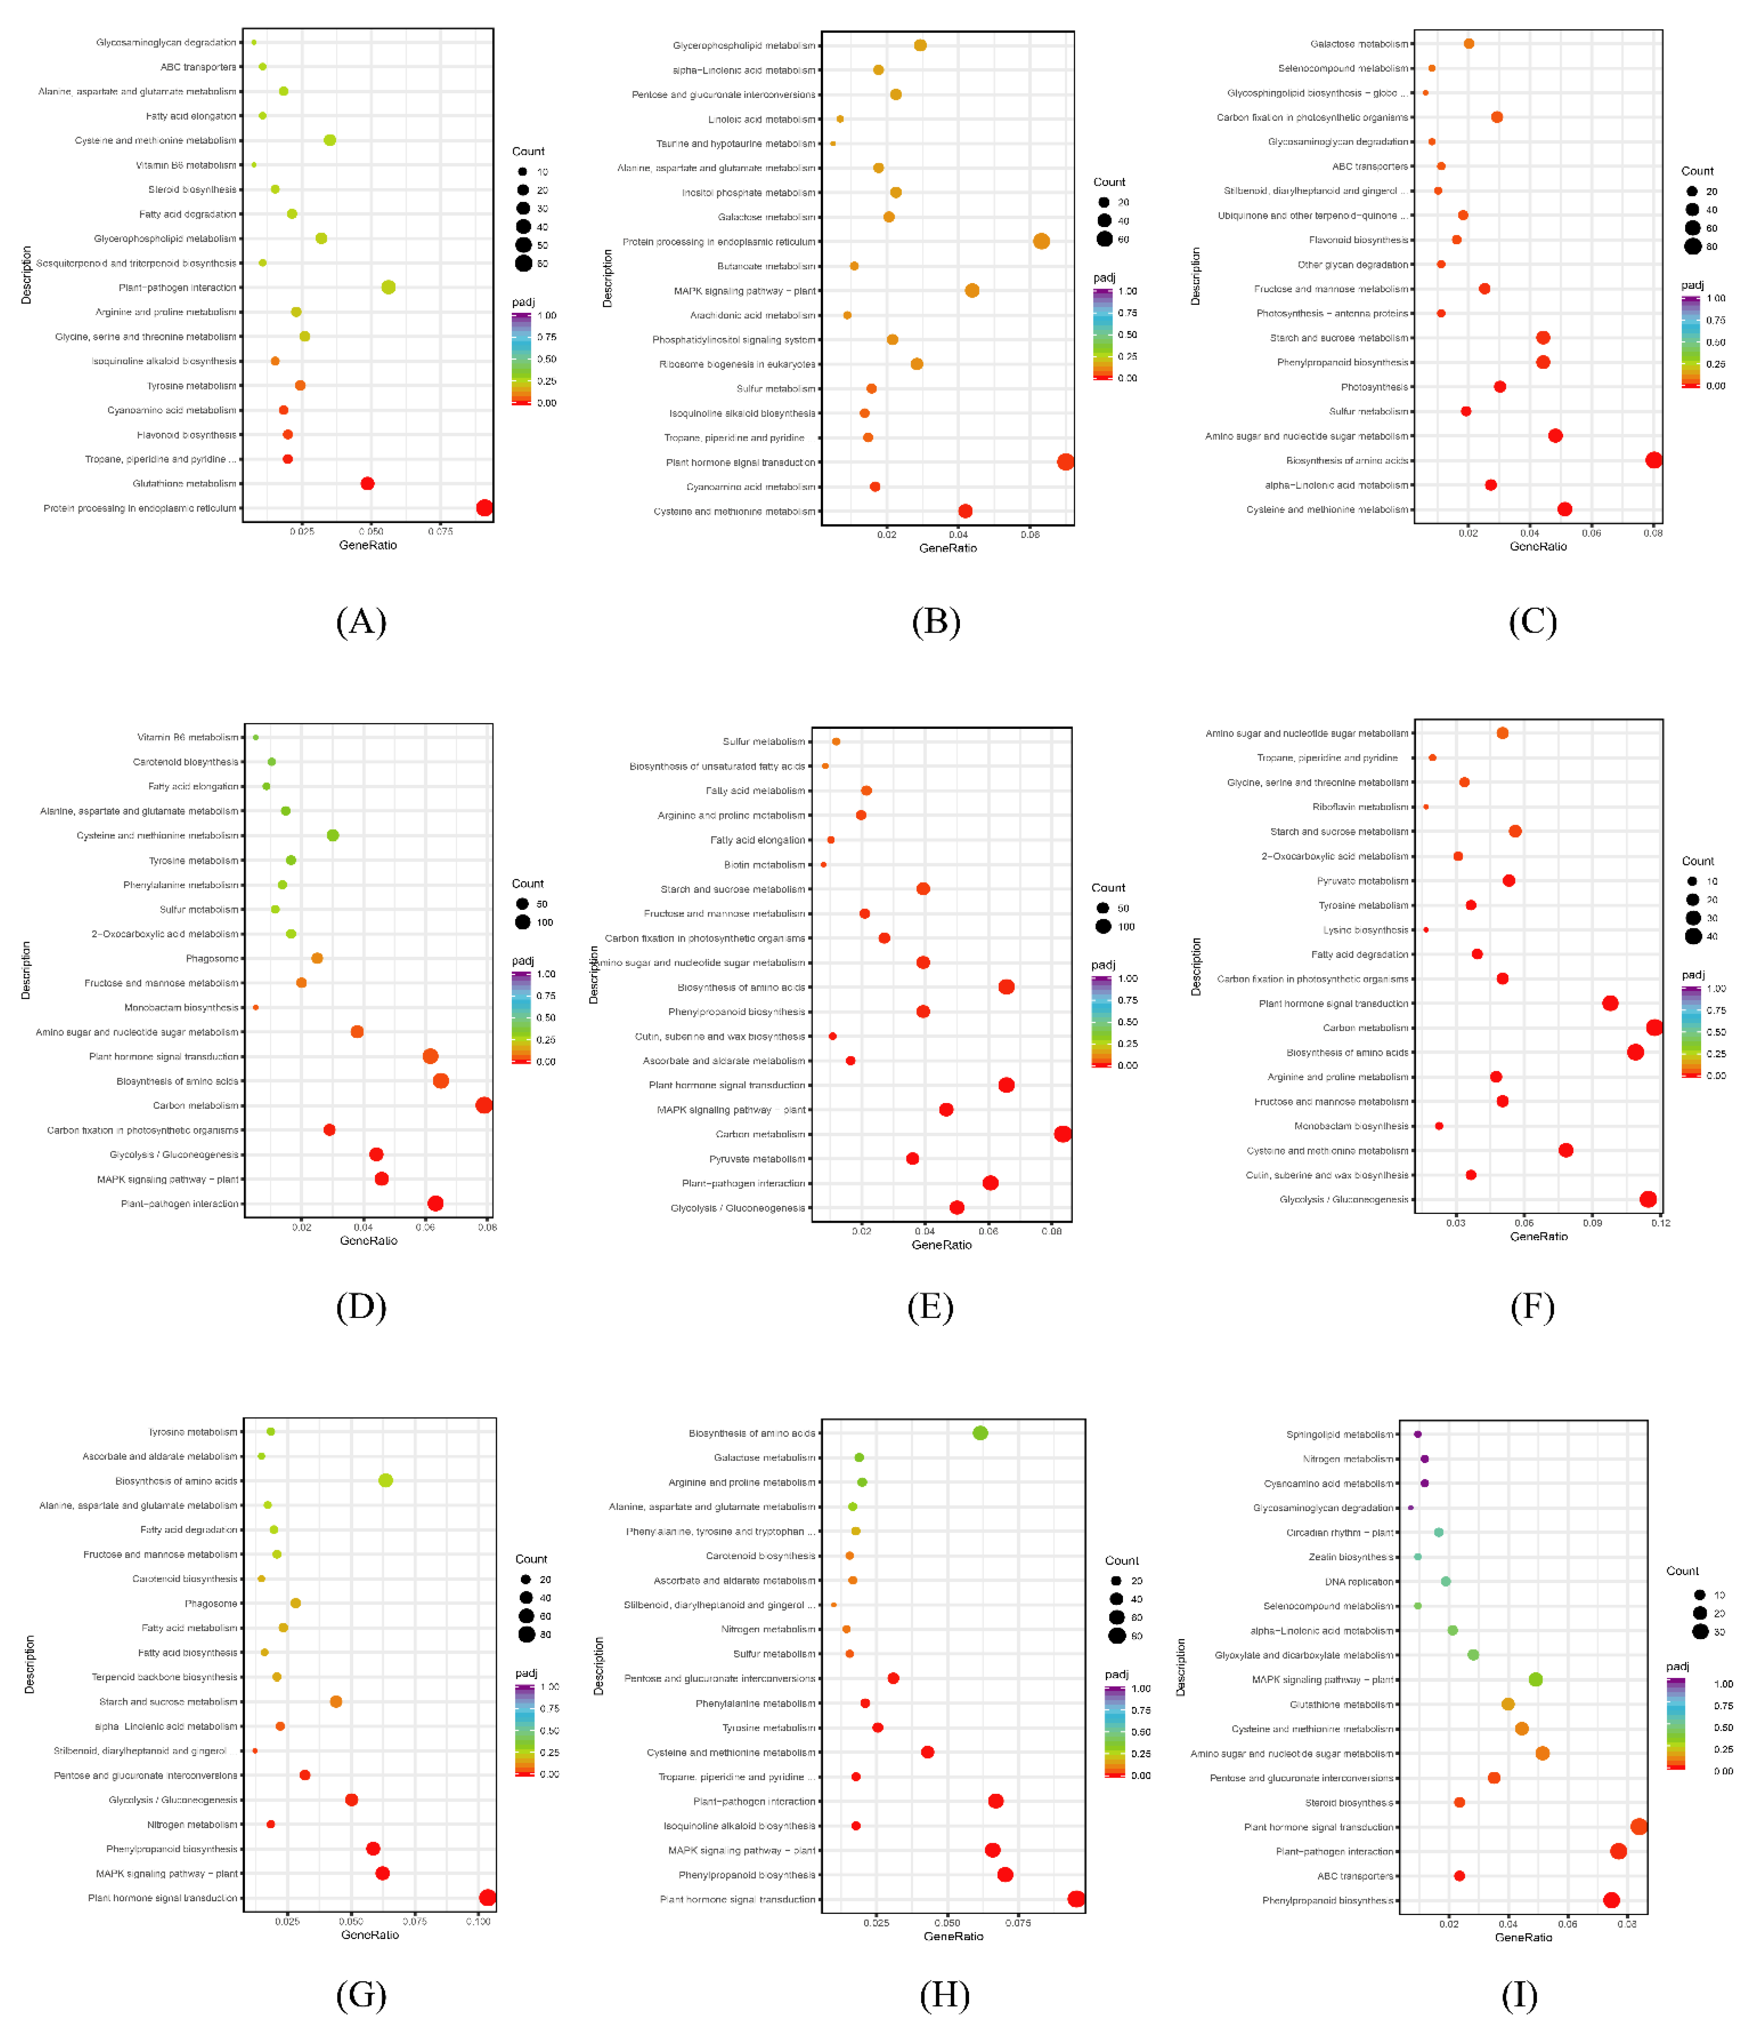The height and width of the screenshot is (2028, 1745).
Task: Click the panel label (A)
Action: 361,621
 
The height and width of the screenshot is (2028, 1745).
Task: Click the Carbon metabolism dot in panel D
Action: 483,1105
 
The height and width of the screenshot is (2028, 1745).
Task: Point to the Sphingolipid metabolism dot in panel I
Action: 1417,1434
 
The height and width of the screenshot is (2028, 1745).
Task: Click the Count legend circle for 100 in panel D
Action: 523,922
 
